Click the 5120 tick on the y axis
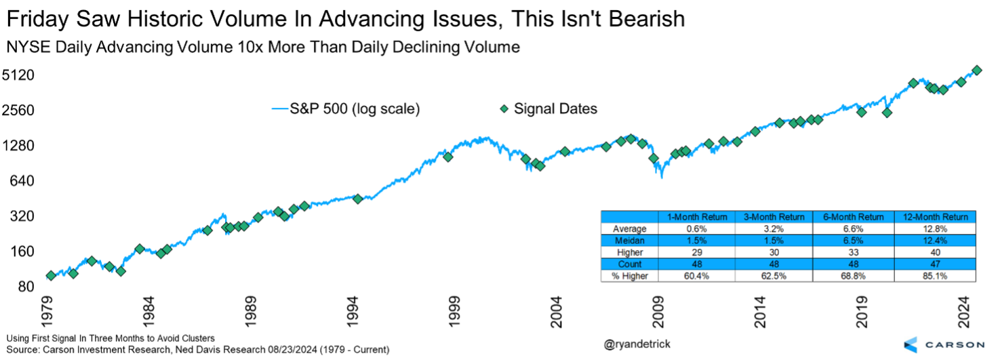[x=23, y=75]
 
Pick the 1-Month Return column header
[x=698, y=217]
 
